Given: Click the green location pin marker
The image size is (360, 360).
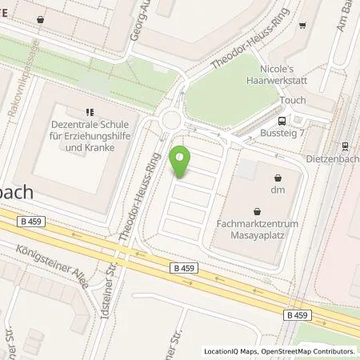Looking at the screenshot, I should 182,161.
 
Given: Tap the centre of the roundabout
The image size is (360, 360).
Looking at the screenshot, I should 170,123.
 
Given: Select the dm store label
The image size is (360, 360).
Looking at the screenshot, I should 278,190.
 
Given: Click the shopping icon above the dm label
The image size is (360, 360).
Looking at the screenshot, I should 278,178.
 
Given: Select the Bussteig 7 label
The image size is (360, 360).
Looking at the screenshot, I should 282,133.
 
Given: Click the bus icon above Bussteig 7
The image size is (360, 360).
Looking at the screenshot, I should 282,121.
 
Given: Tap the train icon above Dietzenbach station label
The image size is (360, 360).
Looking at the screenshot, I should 345,146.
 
